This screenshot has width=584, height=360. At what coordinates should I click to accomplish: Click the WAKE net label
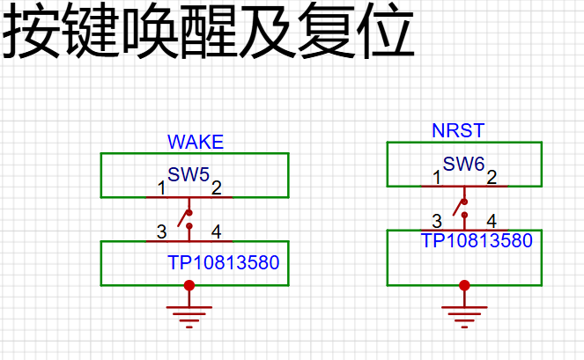196,142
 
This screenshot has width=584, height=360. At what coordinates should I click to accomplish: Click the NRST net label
458,130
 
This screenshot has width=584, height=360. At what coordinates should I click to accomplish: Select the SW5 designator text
189,174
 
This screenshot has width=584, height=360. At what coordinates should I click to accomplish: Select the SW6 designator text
463,164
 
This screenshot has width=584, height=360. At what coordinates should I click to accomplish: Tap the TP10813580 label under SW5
224,262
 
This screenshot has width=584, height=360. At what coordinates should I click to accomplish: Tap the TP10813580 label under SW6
477,240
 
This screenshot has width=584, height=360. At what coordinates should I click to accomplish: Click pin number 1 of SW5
161,188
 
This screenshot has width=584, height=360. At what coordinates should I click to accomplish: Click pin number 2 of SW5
217,188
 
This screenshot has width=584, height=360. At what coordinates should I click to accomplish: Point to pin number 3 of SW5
162,232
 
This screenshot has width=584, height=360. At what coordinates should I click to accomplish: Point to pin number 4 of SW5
217,232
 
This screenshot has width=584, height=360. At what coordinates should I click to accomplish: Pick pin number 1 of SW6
437,177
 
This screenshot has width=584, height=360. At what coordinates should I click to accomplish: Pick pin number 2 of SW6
492,177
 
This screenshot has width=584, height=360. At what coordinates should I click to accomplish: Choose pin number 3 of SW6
437,221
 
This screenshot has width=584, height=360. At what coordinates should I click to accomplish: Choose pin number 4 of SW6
492,221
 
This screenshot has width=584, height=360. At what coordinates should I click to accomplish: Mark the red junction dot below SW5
189,285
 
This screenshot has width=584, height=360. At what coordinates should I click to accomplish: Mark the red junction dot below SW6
464,285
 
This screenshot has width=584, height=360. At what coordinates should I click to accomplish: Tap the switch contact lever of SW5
183,218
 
